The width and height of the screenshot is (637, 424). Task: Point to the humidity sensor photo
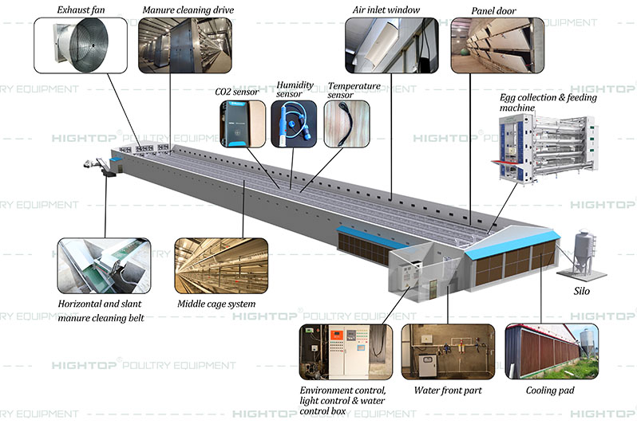(295, 124)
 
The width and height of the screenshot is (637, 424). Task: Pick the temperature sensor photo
(347, 124)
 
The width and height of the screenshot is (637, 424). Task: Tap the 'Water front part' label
(449, 391)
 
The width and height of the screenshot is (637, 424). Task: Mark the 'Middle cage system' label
(217, 304)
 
